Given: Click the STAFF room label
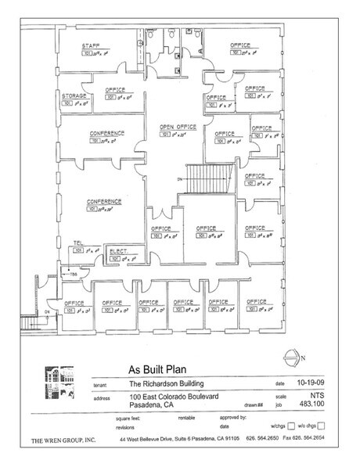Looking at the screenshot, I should (92, 47).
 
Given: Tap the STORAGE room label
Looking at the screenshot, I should (74, 95).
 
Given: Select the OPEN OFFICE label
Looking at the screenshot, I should (177, 126).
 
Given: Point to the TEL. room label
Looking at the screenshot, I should (78, 243).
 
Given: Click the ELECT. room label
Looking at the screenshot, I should (118, 250).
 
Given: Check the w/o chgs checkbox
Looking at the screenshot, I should (320, 426).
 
